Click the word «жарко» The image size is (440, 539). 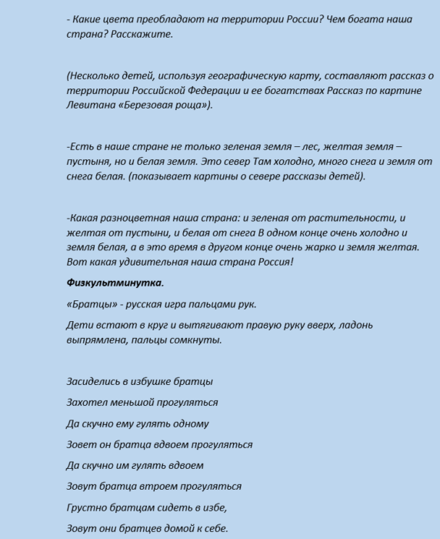[x=332, y=246]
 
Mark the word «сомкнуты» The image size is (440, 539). [x=197, y=340]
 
